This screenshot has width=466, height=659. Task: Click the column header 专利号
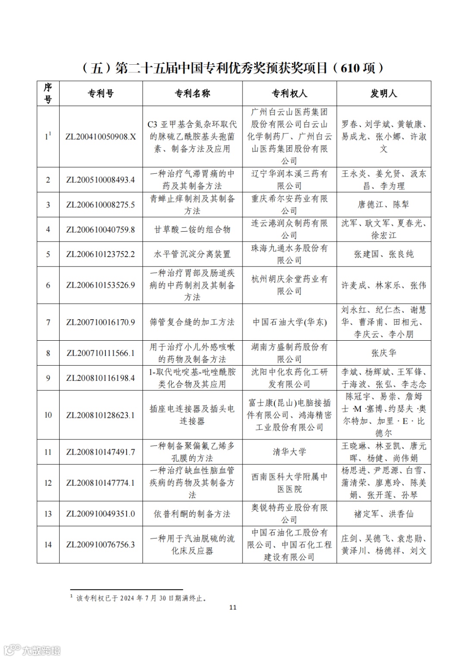click(x=101, y=94)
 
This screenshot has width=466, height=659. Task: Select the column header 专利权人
click(x=289, y=94)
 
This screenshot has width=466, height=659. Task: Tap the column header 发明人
click(x=384, y=94)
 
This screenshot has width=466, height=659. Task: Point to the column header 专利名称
click(x=192, y=94)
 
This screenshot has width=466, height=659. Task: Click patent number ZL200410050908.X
click(x=101, y=137)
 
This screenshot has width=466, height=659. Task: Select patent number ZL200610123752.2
click(x=101, y=254)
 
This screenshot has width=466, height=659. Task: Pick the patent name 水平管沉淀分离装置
click(x=192, y=254)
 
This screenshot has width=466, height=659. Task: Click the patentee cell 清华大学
click(x=289, y=452)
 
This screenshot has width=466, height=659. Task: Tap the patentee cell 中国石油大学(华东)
click(x=289, y=322)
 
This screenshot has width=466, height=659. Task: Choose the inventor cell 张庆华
click(x=384, y=353)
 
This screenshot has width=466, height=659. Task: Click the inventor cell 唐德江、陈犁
click(x=384, y=205)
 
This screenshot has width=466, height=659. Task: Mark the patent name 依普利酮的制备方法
click(x=192, y=514)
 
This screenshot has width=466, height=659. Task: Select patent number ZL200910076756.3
click(x=101, y=545)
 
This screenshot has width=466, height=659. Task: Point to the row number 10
click(x=48, y=415)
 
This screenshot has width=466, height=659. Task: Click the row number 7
click(x=48, y=322)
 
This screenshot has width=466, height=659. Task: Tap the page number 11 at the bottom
click(x=233, y=608)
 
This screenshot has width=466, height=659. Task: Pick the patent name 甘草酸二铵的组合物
click(x=192, y=230)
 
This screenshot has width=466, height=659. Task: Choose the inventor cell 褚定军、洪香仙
click(x=384, y=514)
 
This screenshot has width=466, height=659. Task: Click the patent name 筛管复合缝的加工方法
click(x=192, y=322)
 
